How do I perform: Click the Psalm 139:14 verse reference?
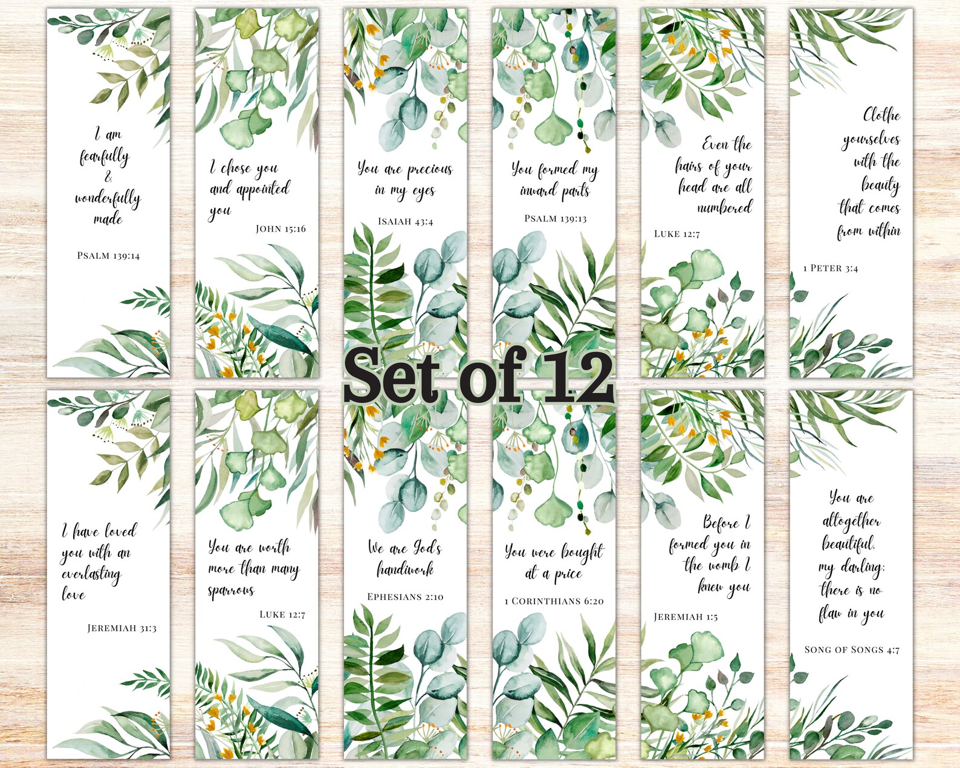coord(108,256)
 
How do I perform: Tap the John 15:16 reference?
coord(281,229)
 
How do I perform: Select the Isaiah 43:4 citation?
coord(405,221)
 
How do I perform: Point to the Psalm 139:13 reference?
coord(555,218)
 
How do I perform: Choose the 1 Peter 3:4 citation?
coord(831,268)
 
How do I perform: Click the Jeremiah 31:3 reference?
coord(122,628)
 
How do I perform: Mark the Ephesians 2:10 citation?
coord(405,597)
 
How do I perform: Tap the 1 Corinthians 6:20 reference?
coord(554,601)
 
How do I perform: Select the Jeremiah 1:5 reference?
coord(686,617)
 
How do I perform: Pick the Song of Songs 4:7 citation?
coord(852,649)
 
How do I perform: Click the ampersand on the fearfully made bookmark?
coord(108,177)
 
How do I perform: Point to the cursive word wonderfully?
coord(108,198)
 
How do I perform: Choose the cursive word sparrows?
coord(231,590)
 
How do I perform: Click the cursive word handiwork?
coord(405,570)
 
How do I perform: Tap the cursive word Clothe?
coord(881,115)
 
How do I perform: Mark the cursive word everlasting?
coord(91,574)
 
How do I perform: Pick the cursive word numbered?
coord(724,208)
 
